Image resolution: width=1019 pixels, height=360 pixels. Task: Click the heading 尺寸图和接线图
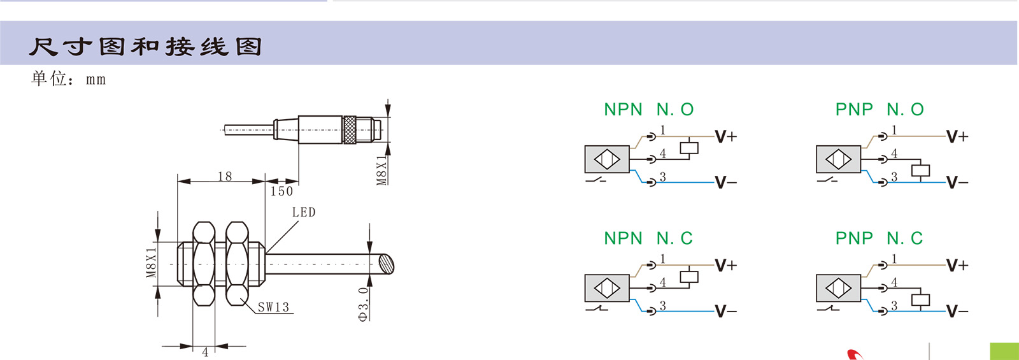click(146, 47)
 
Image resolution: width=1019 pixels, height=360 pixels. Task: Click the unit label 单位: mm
click(69, 79)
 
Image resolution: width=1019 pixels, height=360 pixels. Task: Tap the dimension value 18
click(225, 176)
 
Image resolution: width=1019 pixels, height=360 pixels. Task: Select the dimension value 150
click(281, 191)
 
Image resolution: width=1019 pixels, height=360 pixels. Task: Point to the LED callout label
click(303, 213)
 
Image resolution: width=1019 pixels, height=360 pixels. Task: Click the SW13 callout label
click(273, 307)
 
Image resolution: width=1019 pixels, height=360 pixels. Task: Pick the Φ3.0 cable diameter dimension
click(363, 305)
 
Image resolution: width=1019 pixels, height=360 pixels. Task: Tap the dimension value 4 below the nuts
click(205, 352)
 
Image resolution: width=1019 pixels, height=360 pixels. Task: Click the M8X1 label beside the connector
click(381, 171)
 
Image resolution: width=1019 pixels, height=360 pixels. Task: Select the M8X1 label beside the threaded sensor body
click(152, 263)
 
